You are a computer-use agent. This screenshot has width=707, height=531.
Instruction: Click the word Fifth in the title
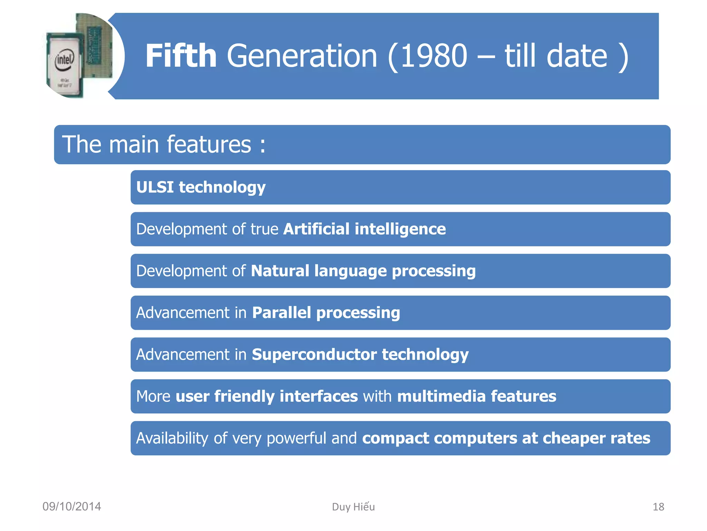coord(181,56)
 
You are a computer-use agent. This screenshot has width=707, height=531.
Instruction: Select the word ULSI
coord(155,187)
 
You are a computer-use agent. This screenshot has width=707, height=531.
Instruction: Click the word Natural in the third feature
coord(280,271)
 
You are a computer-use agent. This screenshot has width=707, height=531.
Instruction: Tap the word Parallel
coord(281,313)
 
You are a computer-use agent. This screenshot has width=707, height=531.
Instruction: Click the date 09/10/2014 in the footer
coord(72,506)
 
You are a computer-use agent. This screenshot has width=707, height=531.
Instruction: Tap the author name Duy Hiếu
coord(353,507)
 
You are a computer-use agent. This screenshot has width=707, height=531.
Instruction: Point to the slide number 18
coord(658,507)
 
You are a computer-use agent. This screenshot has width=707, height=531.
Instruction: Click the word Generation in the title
coord(302,56)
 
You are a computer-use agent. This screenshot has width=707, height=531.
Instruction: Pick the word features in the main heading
coord(209,145)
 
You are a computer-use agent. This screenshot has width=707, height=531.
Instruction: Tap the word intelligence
coord(400,229)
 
